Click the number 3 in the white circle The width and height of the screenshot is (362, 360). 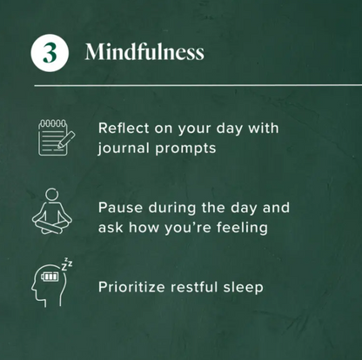(x=50, y=53)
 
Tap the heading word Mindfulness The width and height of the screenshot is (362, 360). (x=144, y=52)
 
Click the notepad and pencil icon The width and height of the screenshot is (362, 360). (x=57, y=137)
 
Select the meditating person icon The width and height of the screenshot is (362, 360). (x=52, y=211)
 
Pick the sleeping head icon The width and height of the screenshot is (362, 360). (x=52, y=282)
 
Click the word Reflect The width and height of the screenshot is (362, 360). (x=124, y=128)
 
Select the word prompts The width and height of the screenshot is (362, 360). (x=185, y=150)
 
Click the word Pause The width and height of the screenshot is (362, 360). (x=120, y=208)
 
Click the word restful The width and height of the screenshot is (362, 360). (x=194, y=287)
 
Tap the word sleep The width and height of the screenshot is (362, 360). (x=244, y=288)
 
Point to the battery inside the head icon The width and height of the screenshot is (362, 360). (x=50, y=277)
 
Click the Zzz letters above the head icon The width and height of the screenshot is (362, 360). (x=67, y=263)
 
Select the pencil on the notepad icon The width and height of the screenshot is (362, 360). (x=66, y=140)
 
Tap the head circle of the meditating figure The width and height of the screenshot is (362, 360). (x=52, y=194)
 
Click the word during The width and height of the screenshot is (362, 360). (x=172, y=209)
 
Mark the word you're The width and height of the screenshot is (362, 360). (x=188, y=228)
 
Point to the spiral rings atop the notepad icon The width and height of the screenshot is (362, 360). (x=53, y=123)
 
